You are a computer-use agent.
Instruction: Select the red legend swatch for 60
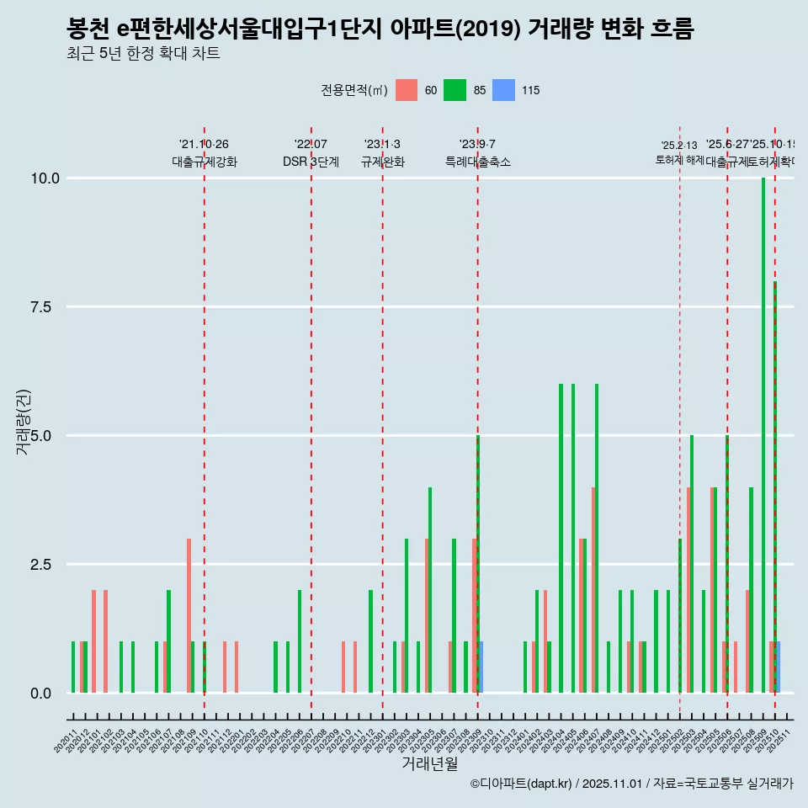[x=407, y=90]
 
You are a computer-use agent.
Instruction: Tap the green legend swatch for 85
[x=454, y=90]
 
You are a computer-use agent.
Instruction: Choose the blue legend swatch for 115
[x=503, y=90]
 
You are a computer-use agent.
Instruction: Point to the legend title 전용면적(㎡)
[x=353, y=90]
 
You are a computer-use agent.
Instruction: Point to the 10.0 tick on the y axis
[x=44, y=178]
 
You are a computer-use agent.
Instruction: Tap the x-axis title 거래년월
[x=429, y=763]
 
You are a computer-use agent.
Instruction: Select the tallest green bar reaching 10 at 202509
[x=763, y=435]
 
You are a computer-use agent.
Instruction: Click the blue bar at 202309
[x=481, y=667]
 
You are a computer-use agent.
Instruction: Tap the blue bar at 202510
[x=779, y=667]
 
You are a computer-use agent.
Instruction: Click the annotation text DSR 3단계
[x=311, y=162]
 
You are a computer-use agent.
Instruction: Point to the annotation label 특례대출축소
[x=477, y=162]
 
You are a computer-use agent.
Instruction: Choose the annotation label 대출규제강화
[x=205, y=162]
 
